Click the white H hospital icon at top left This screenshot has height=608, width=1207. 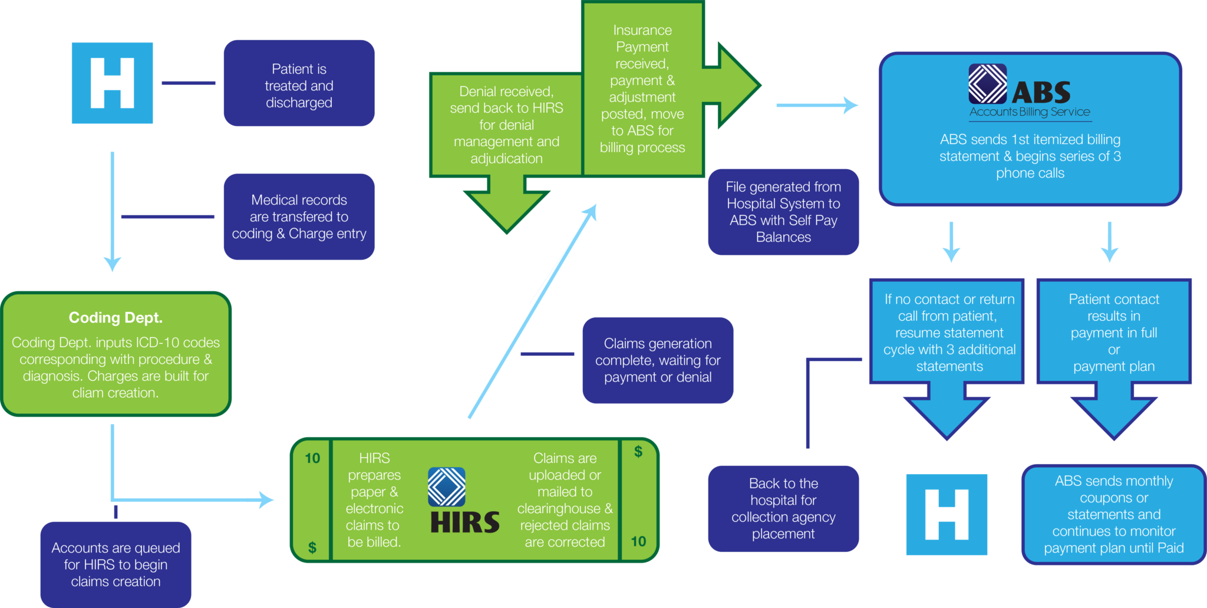click(x=112, y=83)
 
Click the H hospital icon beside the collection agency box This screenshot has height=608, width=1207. click(x=946, y=514)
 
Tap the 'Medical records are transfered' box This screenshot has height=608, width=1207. click(x=299, y=216)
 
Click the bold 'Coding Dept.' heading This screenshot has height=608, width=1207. click(x=116, y=318)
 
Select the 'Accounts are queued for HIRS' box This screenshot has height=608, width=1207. click(x=116, y=564)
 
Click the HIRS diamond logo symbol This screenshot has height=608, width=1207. click(x=446, y=487)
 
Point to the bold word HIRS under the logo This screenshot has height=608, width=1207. click(x=465, y=523)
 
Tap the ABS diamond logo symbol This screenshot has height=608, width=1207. click(x=987, y=84)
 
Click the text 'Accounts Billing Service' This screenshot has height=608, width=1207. click(x=1030, y=112)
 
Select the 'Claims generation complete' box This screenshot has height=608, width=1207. click(x=658, y=360)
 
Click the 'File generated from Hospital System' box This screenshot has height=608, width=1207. click(x=783, y=212)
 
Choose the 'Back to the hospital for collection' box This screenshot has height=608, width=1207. click(x=783, y=508)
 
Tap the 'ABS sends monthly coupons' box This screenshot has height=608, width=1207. click(x=1113, y=514)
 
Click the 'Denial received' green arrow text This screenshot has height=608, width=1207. click(x=506, y=125)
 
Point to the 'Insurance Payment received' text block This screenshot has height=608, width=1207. click(x=642, y=88)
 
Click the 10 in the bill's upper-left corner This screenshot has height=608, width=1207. click(x=312, y=458)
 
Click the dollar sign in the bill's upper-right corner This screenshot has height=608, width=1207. click(x=638, y=452)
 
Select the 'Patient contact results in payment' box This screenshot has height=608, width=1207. click(x=1113, y=333)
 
